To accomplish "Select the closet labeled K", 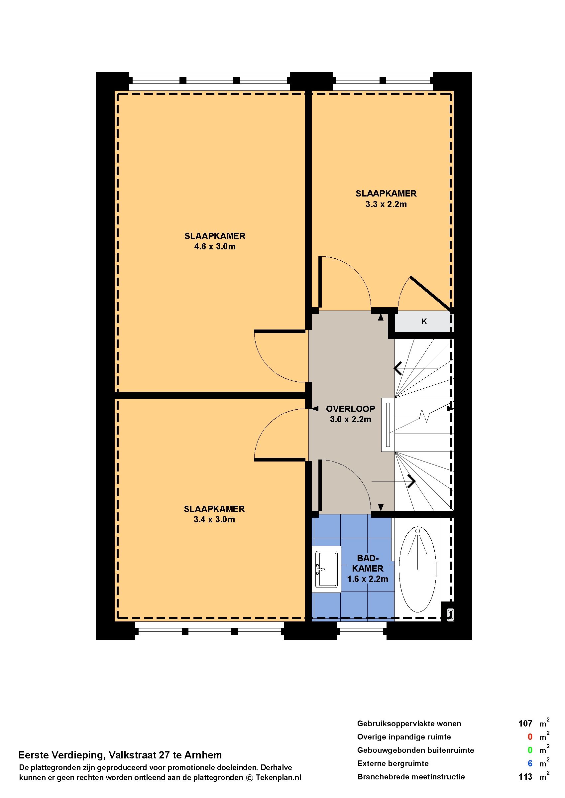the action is [x=424, y=322].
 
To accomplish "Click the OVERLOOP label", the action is [x=350, y=409].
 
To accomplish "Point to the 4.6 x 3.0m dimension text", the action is [x=215, y=247].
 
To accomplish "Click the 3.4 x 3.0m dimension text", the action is [x=214, y=520].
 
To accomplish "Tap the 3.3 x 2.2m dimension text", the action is [x=386, y=204].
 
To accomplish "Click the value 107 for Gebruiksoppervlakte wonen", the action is [x=525, y=724].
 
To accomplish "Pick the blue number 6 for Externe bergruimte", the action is [x=530, y=763].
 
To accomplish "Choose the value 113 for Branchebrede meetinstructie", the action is [x=525, y=777].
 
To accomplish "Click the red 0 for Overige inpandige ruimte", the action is [x=530, y=737].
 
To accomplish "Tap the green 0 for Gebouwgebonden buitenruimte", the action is [x=530, y=750].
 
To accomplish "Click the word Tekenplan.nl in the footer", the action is [x=278, y=778].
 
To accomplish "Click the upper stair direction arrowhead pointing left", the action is [x=398, y=368].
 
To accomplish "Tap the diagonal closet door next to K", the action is [x=432, y=294].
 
